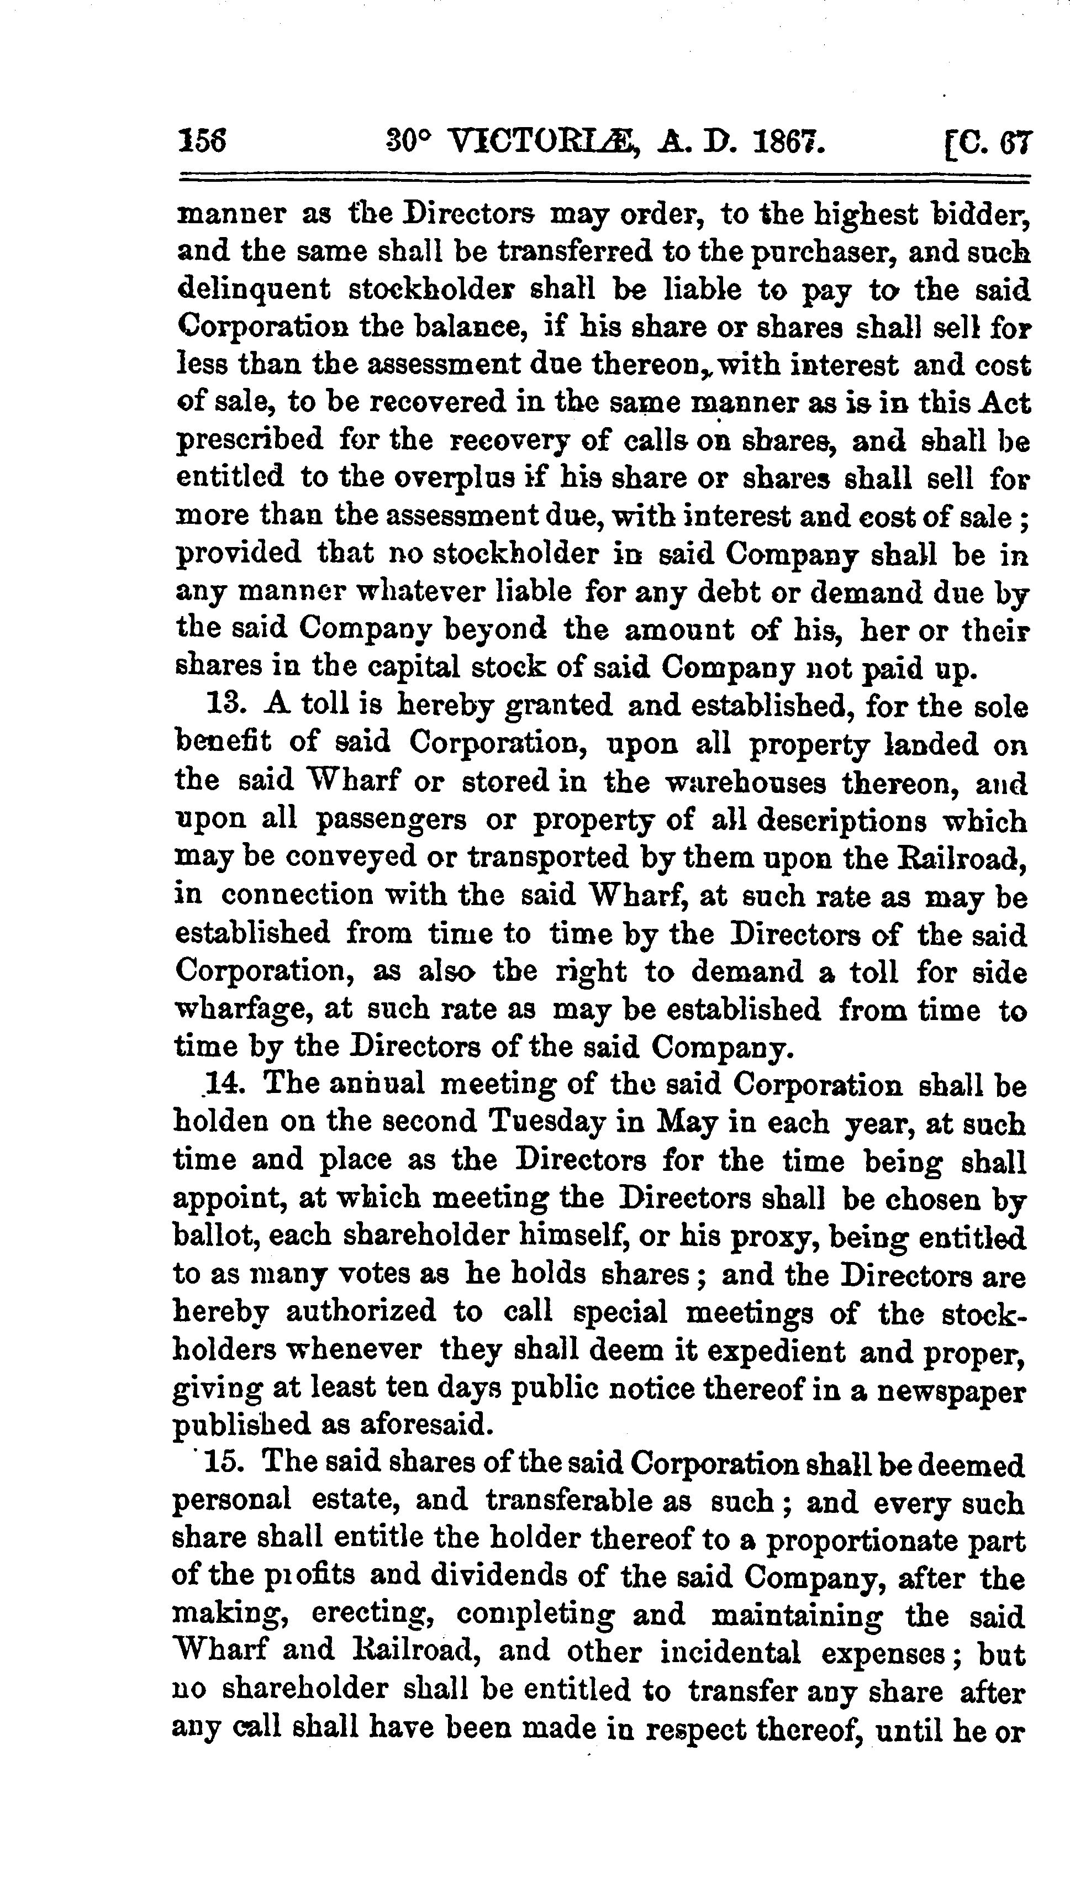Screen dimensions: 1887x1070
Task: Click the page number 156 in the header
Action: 202,140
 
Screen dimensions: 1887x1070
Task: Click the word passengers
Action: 390,819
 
